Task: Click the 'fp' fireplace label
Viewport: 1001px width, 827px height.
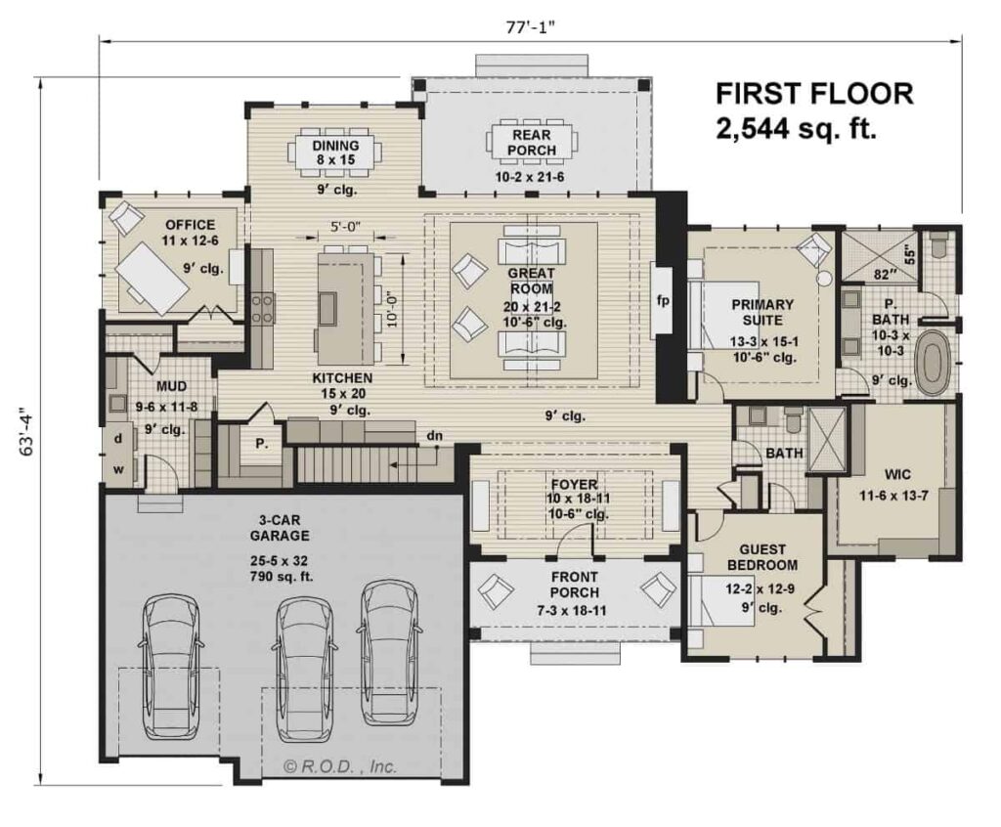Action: pos(663,299)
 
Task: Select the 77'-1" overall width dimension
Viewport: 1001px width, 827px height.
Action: pos(530,27)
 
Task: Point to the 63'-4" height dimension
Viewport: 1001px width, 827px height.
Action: pos(27,432)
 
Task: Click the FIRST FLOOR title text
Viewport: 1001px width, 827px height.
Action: pos(814,94)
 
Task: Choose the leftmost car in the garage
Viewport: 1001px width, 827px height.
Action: pos(169,668)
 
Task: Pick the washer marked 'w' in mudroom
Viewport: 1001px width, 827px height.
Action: pos(118,470)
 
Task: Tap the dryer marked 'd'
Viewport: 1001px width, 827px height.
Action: pos(118,439)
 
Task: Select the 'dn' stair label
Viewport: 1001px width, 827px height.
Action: pos(435,436)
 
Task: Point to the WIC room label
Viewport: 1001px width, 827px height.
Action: pos(897,474)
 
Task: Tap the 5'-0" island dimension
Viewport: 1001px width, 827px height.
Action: pos(345,226)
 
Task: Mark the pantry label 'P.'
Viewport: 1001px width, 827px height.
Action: pos(262,443)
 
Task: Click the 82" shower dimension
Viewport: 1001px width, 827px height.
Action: pos(882,275)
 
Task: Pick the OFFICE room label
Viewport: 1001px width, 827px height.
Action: pos(191,225)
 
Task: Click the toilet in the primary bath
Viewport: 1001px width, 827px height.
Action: pos(939,246)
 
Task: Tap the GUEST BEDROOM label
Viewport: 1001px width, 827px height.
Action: pos(762,557)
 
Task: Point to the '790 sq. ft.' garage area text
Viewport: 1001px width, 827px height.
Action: pos(282,578)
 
